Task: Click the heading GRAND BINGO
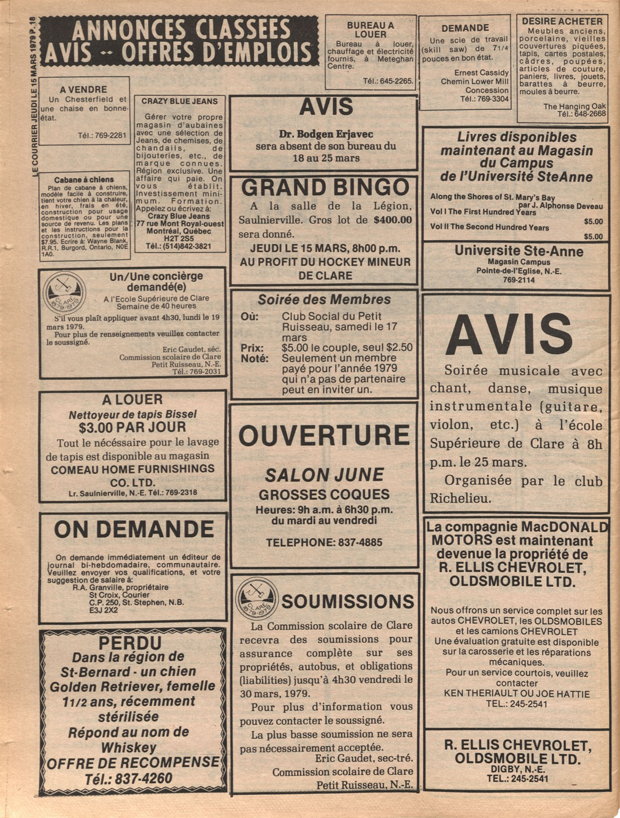click(x=325, y=188)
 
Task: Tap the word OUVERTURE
click(x=324, y=435)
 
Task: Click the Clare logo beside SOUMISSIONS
click(x=257, y=600)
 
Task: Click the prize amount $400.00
click(x=393, y=220)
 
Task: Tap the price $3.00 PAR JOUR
click(x=132, y=427)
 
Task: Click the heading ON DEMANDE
click(x=134, y=530)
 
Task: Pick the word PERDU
click(x=130, y=643)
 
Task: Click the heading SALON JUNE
click(x=324, y=475)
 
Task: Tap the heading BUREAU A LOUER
click(x=370, y=30)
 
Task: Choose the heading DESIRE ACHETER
click(x=562, y=21)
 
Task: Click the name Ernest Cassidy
click(x=481, y=72)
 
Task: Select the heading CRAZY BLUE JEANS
click(x=179, y=101)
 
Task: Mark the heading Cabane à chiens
click(x=85, y=180)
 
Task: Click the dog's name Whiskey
click(x=129, y=748)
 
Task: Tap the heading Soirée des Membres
click(x=324, y=299)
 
